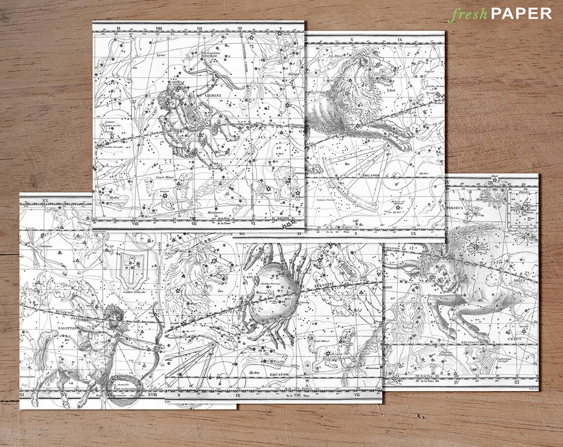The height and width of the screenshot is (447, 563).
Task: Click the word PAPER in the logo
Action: point(521,13)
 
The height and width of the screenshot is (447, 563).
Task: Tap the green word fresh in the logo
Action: point(468,14)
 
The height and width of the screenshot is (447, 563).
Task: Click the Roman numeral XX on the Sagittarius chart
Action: point(43,201)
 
